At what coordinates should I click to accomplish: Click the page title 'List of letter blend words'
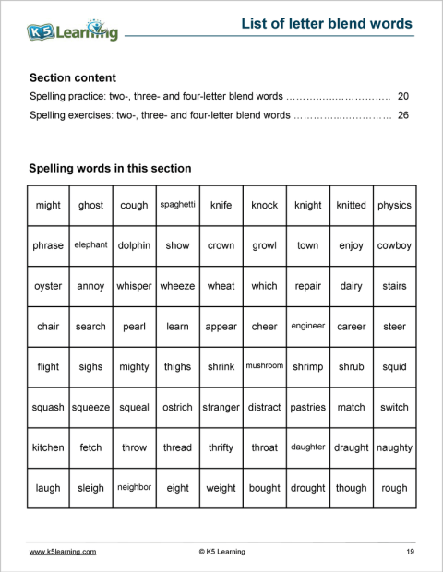click(326, 24)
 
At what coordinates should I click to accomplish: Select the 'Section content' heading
click(73, 78)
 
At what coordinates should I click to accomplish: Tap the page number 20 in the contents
click(402, 96)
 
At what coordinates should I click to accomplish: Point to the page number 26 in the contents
click(402, 116)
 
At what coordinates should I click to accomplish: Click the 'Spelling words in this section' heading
click(110, 169)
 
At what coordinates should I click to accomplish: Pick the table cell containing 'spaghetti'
click(177, 204)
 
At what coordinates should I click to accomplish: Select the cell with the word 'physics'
click(394, 205)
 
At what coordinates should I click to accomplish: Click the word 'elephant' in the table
click(90, 245)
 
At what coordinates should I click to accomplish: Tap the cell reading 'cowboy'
click(394, 246)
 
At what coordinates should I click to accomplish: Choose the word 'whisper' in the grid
click(134, 286)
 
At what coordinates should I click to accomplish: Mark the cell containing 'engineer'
click(307, 326)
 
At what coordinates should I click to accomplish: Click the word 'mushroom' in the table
click(264, 366)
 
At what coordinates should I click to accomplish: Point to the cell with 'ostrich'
click(177, 407)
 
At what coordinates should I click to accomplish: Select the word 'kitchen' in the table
click(48, 447)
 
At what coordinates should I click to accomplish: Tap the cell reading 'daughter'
click(307, 447)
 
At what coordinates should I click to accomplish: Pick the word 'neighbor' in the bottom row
click(134, 487)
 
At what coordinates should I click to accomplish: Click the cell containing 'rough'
click(394, 488)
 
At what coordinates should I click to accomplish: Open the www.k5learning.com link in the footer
click(63, 552)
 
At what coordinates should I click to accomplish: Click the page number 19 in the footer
click(409, 552)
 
